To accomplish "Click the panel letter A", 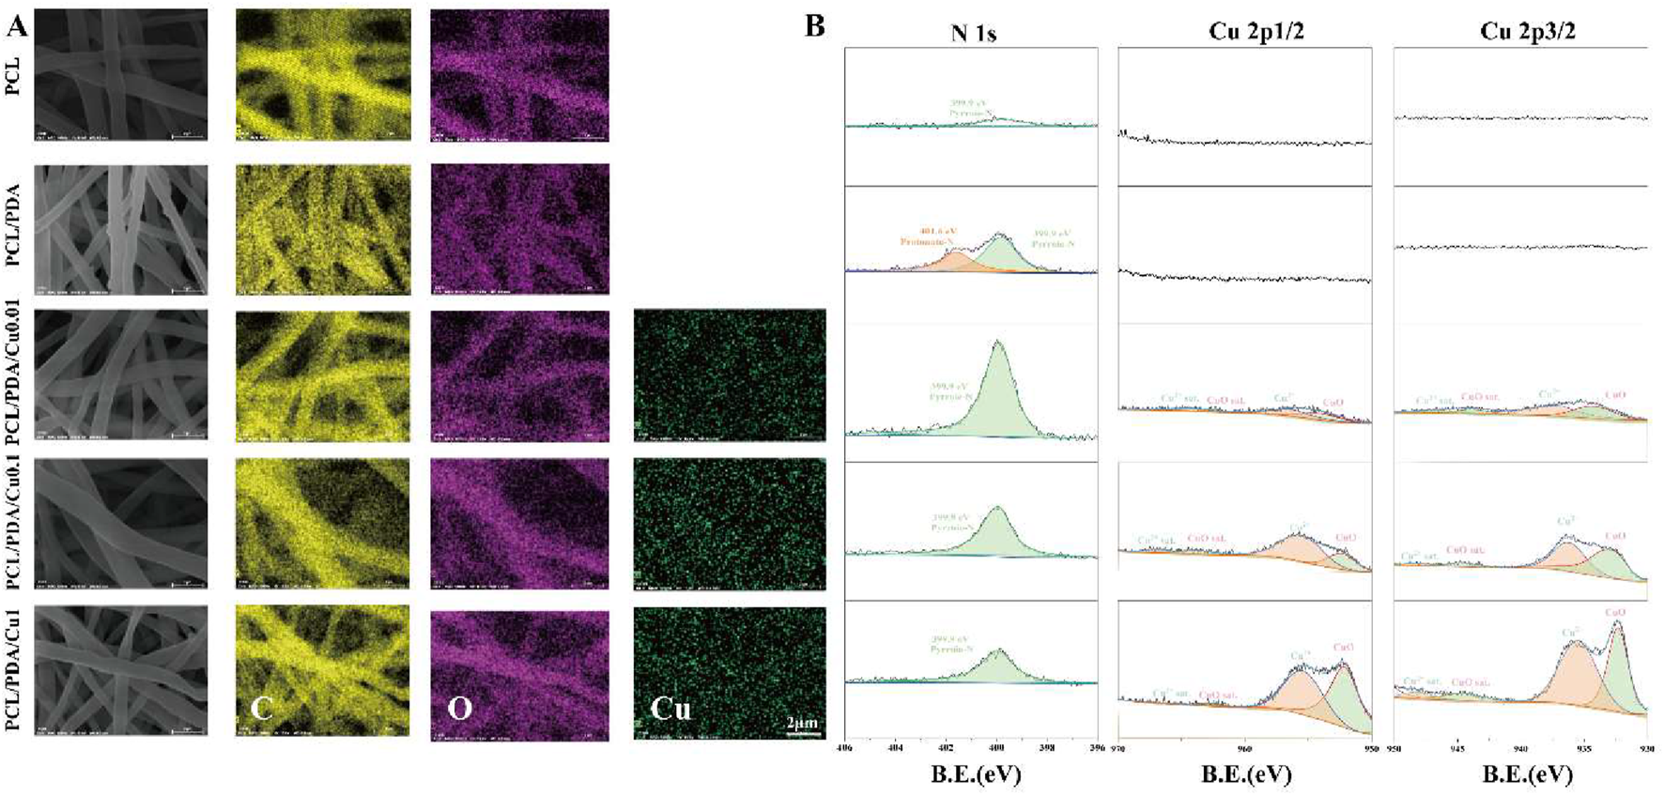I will [16, 26].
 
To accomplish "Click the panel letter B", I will [814, 26].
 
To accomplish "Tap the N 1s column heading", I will [973, 34].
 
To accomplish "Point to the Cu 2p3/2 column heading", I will [1528, 32].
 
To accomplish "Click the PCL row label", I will [13, 75].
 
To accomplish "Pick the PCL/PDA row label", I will [13, 230].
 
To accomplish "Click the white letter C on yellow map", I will [261, 708].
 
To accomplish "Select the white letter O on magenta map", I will [459, 708].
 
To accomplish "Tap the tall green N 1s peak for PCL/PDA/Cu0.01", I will [997, 375].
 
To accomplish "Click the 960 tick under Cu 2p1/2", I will [1245, 748].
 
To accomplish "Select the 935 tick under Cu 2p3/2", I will [1584, 748].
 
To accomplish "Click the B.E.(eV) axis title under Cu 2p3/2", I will [1527, 774].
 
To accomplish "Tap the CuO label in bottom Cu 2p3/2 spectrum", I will [1615, 613].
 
